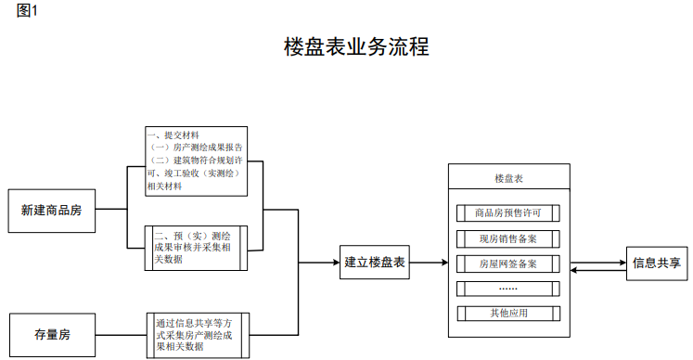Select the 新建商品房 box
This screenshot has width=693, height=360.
[51, 210]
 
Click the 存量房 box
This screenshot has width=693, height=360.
[51, 334]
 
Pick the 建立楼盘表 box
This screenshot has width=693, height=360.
[374, 262]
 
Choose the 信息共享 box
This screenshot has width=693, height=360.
[658, 262]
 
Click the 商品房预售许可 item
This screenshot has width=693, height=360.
[507, 212]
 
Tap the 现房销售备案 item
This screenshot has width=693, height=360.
[507, 238]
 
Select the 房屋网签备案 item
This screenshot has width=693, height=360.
[507, 264]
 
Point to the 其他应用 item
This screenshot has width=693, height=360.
[507, 313]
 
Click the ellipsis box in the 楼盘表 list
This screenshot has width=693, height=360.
[507, 288]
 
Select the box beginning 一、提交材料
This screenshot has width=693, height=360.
[196, 161]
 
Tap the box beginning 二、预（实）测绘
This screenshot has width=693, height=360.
[196, 248]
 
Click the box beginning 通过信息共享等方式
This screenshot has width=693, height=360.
[199, 335]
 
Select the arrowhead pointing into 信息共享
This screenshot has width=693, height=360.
[623, 262]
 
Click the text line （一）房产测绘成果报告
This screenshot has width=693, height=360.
[196, 148]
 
